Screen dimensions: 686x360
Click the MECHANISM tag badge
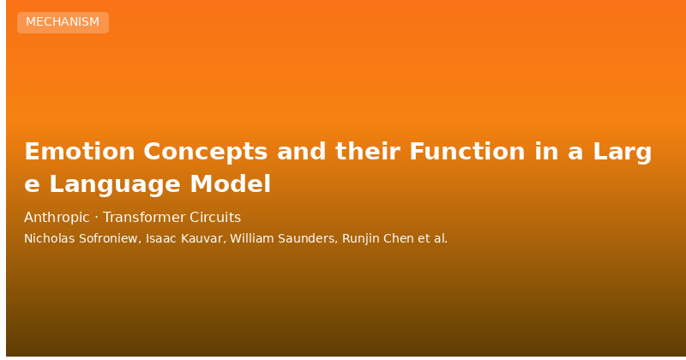[63, 22]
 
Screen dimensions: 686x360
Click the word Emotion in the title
[80, 152]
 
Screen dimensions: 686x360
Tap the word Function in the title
[467, 152]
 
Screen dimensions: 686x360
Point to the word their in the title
[368, 152]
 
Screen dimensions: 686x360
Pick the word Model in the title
[231, 183]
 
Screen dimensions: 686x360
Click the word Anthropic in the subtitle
[57, 218]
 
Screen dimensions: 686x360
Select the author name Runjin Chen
[378, 239]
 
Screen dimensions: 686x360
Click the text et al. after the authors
[433, 238]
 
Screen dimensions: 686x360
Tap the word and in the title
[302, 152]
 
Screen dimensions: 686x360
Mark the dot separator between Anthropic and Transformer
[96, 218]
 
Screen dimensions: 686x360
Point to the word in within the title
[546, 152]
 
